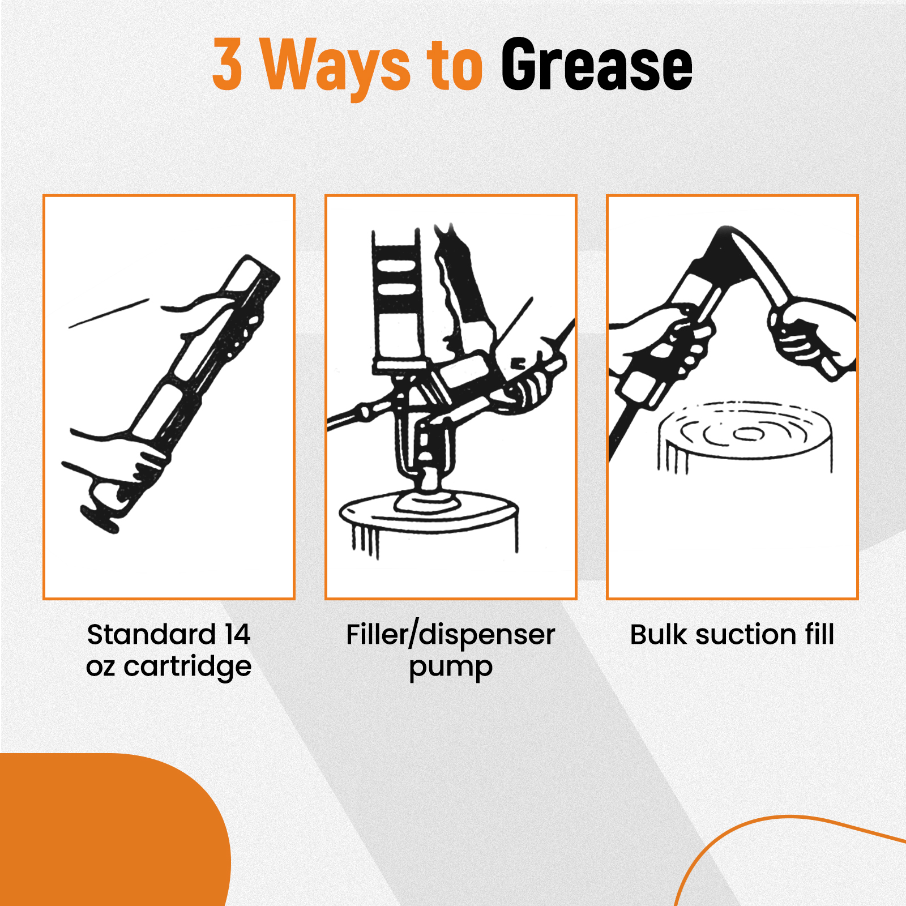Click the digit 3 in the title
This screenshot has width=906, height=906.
[228, 64]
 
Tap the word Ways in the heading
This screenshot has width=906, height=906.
[335, 67]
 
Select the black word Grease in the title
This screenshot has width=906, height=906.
[597, 65]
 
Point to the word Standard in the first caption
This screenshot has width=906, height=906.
[151, 634]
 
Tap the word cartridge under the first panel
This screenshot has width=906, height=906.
[187, 667]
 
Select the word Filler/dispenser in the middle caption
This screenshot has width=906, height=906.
[451, 635]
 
